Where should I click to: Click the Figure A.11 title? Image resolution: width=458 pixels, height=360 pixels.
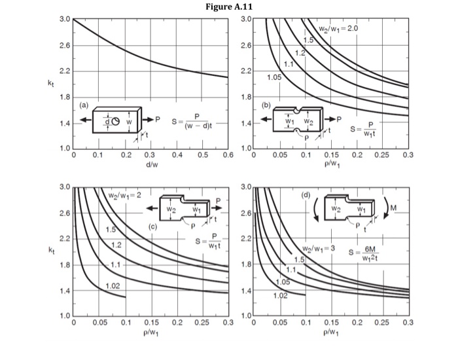coord(228,7)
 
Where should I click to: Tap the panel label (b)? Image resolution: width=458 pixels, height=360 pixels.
coord(266,104)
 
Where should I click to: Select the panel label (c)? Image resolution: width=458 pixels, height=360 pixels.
coord(153,226)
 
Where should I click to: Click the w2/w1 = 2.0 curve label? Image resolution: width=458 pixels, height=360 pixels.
coord(339,29)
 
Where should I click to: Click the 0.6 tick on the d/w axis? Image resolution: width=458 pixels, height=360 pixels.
coord(228,155)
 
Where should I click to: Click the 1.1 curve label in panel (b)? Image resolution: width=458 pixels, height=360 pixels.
coord(289,63)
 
